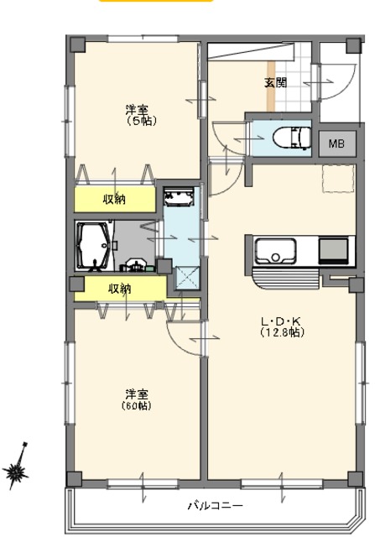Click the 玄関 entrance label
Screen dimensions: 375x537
point(275,82)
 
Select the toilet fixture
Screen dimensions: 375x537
point(292,137)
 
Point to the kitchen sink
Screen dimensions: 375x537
point(275,251)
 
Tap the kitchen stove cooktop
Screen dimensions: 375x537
point(333,251)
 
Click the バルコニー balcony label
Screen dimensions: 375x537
point(216,505)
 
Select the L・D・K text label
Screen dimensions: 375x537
point(280,321)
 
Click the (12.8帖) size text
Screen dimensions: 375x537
point(282,332)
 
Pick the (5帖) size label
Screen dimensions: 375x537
point(142,121)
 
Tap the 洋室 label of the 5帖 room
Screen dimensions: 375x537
point(137,110)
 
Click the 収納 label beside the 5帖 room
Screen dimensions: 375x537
point(114,199)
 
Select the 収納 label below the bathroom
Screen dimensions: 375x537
point(120,289)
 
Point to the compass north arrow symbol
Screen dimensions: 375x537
point(17,467)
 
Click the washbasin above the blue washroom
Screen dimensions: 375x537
point(178,197)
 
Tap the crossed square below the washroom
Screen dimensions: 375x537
point(187,278)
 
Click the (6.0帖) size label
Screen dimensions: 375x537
point(136,406)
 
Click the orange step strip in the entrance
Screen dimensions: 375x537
point(271,86)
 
